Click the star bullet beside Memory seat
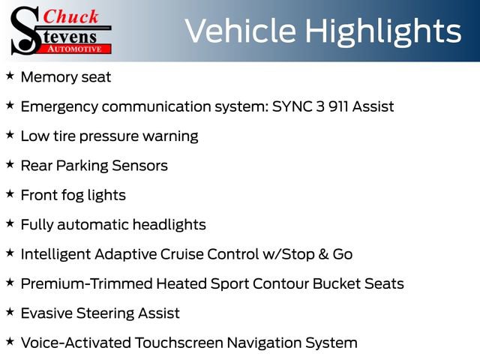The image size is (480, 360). click(10, 76)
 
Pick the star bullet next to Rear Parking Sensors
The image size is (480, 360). click(10, 165)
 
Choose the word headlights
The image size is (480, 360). click(168, 224)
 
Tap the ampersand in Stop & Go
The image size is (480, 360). click(323, 254)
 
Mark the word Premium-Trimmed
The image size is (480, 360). click(86, 283)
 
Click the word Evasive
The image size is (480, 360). click(47, 313)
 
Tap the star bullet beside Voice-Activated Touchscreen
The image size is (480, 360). click(10, 342)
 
